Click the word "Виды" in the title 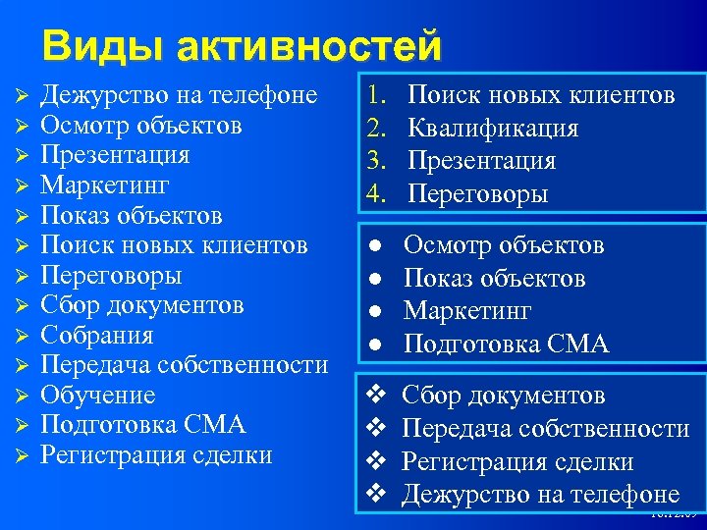click(90, 45)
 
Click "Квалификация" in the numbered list click(493, 128)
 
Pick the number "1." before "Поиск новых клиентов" click(379, 95)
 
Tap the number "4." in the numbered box click(379, 194)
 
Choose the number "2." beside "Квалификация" click(379, 128)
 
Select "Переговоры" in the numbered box click(477, 194)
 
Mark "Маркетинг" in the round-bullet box click(467, 311)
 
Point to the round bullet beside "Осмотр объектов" click(373, 245)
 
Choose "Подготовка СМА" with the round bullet click(507, 344)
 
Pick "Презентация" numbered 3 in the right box click(481, 161)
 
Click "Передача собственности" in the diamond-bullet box click(546, 429)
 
